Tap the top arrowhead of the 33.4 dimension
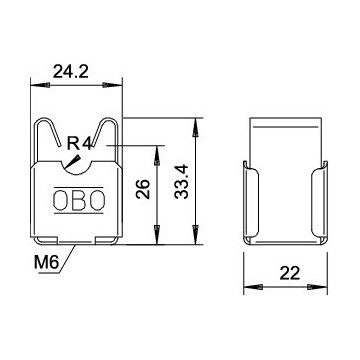point(194,123)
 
